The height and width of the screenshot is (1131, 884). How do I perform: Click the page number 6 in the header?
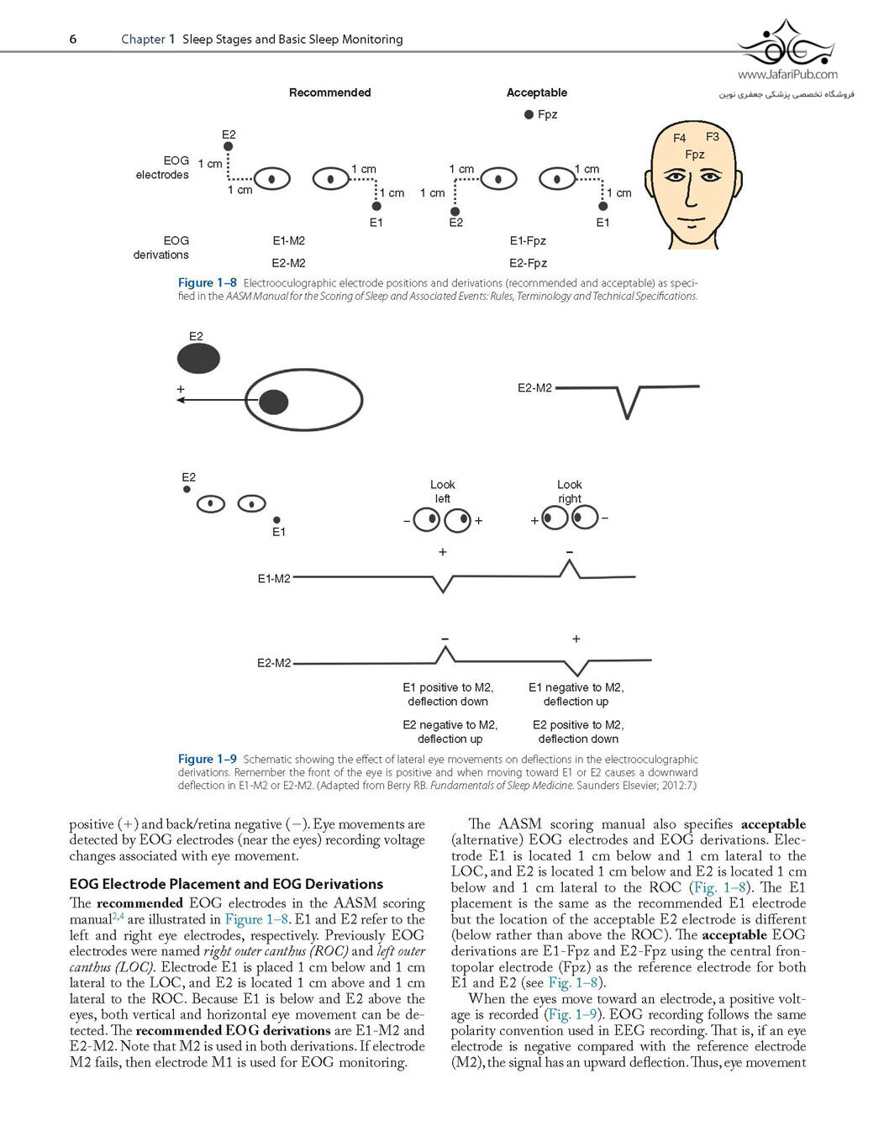pyautogui.click(x=73, y=39)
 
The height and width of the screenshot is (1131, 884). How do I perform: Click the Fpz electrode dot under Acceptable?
pyautogui.click(x=529, y=114)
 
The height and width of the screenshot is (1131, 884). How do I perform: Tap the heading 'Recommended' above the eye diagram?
pyautogui.click(x=330, y=92)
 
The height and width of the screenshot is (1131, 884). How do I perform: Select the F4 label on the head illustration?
pyautogui.click(x=679, y=138)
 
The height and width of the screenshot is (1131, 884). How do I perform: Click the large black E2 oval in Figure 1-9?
pyautogui.click(x=199, y=359)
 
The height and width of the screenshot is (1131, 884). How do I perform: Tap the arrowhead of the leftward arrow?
pyautogui.click(x=181, y=400)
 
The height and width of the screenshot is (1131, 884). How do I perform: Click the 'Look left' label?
pyautogui.click(x=442, y=492)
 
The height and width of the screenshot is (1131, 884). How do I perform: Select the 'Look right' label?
pyautogui.click(x=569, y=492)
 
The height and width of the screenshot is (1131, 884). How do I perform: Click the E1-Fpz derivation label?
pyautogui.click(x=528, y=241)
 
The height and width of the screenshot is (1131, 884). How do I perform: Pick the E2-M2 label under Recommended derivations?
pyautogui.click(x=288, y=263)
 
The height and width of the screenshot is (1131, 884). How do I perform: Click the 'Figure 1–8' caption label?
pyautogui.click(x=207, y=282)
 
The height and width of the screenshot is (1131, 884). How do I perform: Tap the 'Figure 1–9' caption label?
pyautogui.click(x=207, y=759)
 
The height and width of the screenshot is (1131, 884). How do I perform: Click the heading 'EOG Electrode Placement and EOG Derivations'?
pyautogui.click(x=226, y=884)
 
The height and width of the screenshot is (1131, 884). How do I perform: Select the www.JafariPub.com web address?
pyautogui.click(x=787, y=75)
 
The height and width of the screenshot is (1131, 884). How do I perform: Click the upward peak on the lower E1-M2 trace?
pyautogui.click(x=569, y=560)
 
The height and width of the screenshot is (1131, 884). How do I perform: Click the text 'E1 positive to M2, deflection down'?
pyautogui.click(x=448, y=694)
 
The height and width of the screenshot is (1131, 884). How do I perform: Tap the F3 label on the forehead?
pyautogui.click(x=713, y=136)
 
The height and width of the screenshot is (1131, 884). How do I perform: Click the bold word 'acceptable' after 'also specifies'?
pyautogui.click(x=773, y=824)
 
